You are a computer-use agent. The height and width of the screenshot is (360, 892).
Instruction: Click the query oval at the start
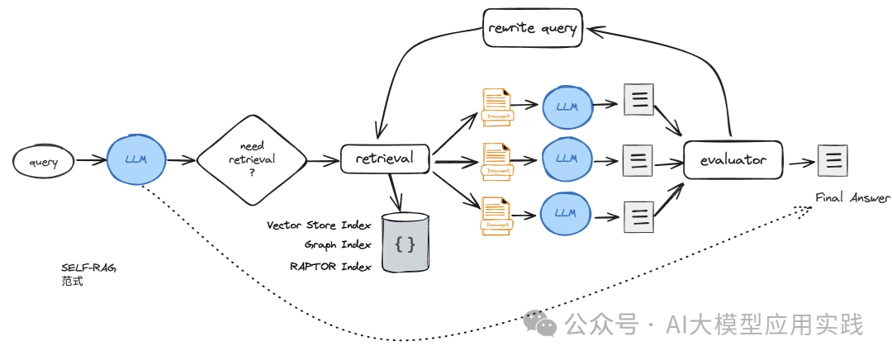tap(44, 163)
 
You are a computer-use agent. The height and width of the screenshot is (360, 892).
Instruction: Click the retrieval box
tap(385, 158)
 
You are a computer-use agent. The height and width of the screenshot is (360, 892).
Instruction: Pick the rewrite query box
tap(533, 28)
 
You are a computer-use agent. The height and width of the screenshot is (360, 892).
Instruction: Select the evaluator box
tap(733, 160)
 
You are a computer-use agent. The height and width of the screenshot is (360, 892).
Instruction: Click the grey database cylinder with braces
tap(406, 244)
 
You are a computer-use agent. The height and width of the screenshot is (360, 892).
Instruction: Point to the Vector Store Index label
tap(319, 225)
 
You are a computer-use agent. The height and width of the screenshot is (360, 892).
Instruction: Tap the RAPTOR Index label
tap(330, 266)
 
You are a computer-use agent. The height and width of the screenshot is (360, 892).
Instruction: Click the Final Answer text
tap(853, 198)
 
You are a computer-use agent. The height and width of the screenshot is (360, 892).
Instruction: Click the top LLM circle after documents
tap(566, 107)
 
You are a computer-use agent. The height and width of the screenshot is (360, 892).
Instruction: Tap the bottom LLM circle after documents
tap(566, 211)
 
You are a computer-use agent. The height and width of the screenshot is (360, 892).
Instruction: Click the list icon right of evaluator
tap(832, 159)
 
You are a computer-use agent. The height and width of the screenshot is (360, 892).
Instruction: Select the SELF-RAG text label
tap(83, 268)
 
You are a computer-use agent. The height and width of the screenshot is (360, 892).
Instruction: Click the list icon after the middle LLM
tap(637, 159)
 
